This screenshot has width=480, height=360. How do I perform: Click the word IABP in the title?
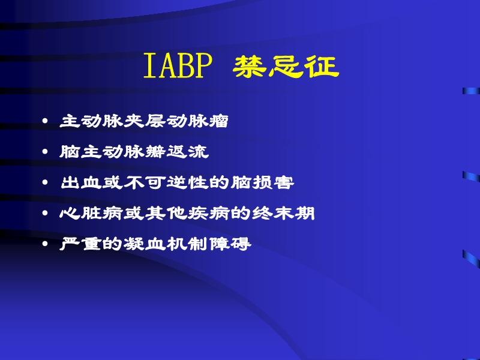pos(178,67)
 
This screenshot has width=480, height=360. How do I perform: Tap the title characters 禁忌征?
pos(286,67)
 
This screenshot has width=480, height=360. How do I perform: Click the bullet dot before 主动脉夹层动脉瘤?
pos(47,122)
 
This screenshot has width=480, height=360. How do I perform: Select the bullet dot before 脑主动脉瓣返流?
pos(47,153)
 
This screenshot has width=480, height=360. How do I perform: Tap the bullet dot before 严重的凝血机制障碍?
pos(47,245)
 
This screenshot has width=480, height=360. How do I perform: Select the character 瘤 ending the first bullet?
pos(220,121)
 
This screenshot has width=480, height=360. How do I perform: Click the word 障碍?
pos(231,244)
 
